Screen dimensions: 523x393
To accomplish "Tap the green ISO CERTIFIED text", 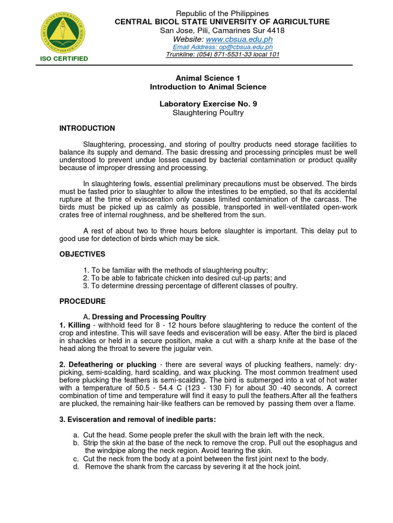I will point(64,59).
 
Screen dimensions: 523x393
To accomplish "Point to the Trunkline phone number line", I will point(222,55).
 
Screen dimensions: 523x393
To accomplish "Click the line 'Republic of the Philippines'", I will point(222,13).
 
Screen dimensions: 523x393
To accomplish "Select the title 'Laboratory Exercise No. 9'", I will point(208,104).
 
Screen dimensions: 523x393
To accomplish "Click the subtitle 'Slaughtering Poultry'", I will point(208,112).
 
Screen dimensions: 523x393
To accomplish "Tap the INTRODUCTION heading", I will point(87,128).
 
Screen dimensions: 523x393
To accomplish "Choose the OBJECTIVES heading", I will point(82,254).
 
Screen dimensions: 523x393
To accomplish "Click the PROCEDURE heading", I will point(82,301).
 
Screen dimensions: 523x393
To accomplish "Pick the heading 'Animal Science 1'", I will point(208,78).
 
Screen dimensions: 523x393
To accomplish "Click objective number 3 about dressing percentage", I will point(190,286).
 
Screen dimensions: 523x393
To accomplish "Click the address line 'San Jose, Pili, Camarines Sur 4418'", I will point(222,30).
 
